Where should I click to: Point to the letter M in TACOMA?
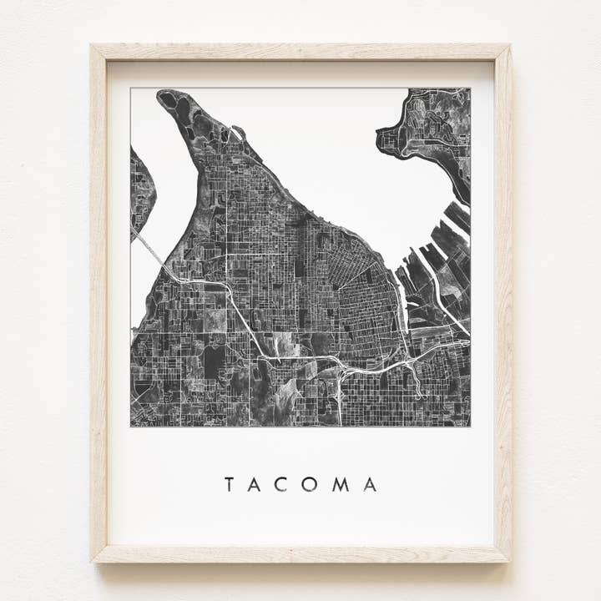[x=341, y=484]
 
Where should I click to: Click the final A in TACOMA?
[x=370, y=484]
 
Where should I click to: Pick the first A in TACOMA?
[x=255, y=484]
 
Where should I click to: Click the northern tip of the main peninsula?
[x=167, y=98]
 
